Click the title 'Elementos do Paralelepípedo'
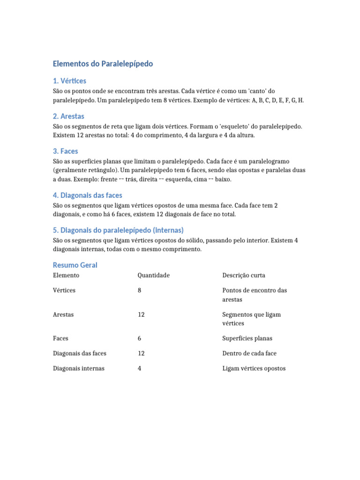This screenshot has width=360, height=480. pyautogui.click(x=103, y=64)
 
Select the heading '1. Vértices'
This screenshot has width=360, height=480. pyautogui.click(x=69, y=81)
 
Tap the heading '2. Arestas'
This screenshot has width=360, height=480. pyautogui.click(x=68, y=116)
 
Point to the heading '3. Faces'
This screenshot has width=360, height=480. pyautogui.click(x=65, y=151)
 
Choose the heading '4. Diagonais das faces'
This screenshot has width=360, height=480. pyautogui.click(x=88, y=195)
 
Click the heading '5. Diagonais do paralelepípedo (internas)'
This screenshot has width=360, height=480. pyautogui.click(x=118, y=230)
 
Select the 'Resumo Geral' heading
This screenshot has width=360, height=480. pyautogui.click(x=75, y=265)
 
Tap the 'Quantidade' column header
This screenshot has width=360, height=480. pyautogui.click(x=153, y=275)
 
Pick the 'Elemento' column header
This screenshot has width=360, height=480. pyautogui.click(x=66, y=275)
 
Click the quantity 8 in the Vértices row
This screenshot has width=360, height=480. pyautogui.click(x=140, y=290)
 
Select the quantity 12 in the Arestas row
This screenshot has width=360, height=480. pyautogui.click(x=141, y=315)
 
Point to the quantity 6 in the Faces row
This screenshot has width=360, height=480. pyautogui.click(x=140, y=338)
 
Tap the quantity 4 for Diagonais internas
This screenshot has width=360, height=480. pyautogui.click(x=140, y=368)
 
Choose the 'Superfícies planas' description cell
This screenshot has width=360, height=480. pyautogui.click(x=247, y=338)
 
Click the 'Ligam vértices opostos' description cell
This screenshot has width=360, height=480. pyautogui.click(x=254, y=368)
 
